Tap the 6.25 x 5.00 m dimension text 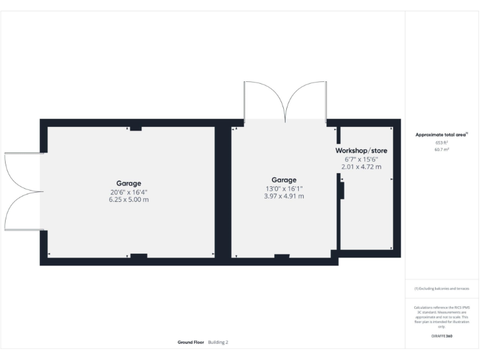(128, 199)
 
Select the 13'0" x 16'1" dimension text (284, 188)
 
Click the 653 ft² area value (442, 143)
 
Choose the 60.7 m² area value (442, 150)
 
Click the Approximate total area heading (441, 134)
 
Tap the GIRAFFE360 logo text (442, 336)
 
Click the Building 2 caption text (219, 342)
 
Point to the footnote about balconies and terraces (442, 288)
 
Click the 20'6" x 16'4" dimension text (128, 191)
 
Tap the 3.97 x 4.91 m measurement (284, 196)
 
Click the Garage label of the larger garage (128, 183)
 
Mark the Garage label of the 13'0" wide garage (284, 180)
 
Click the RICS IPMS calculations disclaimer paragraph (442, 317)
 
